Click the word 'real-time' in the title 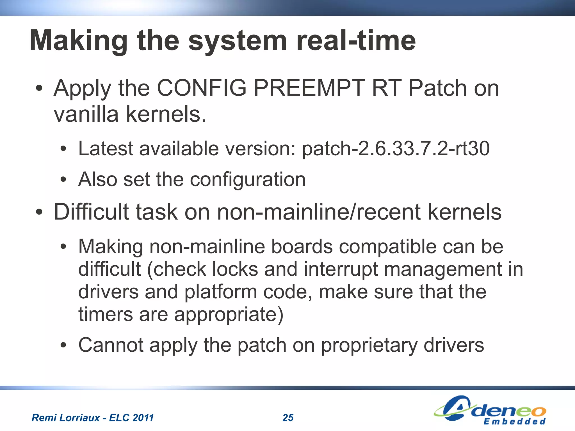click(356, 41)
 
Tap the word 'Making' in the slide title click(79, 41)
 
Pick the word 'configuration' click(248, 179)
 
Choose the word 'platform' click(221, 292)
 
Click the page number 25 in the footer click(288, 418)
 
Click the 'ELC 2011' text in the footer click(131, 418)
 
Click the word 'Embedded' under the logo click(514, 422)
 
